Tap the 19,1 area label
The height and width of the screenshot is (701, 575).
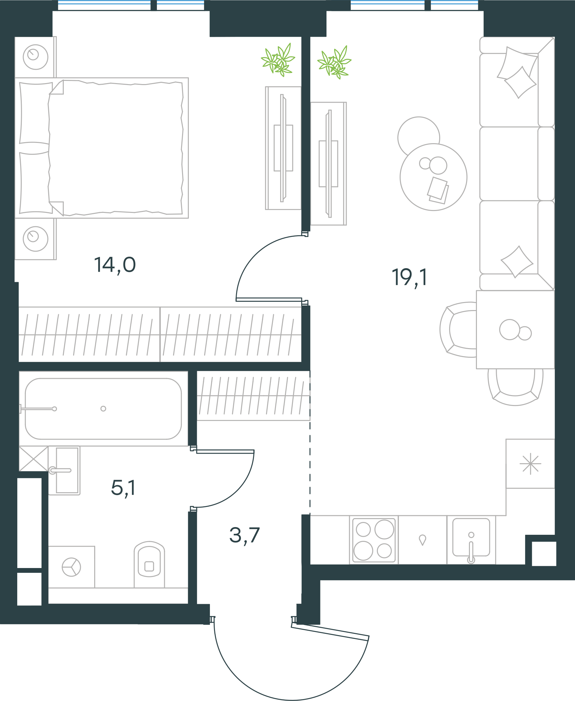tap(410, 278)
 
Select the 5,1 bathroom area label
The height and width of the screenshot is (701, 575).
tap(123, 488)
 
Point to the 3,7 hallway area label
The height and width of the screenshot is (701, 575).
tap(244, 536)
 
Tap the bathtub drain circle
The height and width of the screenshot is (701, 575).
tap(103, 409)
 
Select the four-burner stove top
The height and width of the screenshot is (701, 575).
tap(374, 540)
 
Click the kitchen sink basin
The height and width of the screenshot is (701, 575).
tap(471, 538)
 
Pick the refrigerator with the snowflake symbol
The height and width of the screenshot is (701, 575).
tap(530, 464)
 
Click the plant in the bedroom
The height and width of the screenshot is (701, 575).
tap(278, 60)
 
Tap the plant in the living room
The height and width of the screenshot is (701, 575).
tap(334, 62)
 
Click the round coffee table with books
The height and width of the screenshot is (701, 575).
tap(433, 177)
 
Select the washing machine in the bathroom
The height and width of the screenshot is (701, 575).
tap(72, 567)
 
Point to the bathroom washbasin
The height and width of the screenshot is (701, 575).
tap(64, 471)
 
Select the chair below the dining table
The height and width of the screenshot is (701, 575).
tap(515, 387)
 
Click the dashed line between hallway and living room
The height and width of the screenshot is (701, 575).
tap(310, 443)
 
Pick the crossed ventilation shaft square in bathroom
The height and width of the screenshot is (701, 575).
tap(34, 458)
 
